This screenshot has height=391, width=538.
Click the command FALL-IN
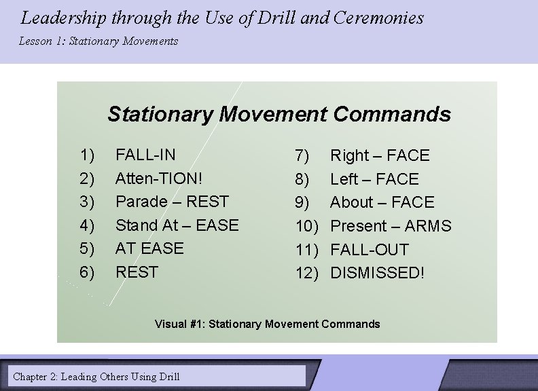click(145, 155)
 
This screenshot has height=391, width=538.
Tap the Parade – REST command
click(172, 202)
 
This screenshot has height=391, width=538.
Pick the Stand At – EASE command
click(177, 225)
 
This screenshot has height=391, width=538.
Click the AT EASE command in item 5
click(149, 248)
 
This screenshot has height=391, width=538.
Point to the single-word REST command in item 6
click(137, 272)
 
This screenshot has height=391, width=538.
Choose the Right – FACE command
click(380, 156)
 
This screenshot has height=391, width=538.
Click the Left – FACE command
click(374, 180)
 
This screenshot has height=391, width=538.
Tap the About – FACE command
click(382, 203)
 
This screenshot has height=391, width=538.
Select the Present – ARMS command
click(391, 226)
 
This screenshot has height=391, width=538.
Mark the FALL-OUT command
click(370, 250)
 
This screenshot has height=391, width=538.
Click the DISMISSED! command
click(377, 273)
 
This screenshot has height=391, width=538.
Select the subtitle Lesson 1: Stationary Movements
click(98, 41)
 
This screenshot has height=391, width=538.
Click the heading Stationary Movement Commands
click(279, 114)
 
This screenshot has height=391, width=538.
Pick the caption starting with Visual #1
click(268, 324)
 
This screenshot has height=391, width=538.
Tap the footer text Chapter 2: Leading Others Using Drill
click(96, 376)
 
